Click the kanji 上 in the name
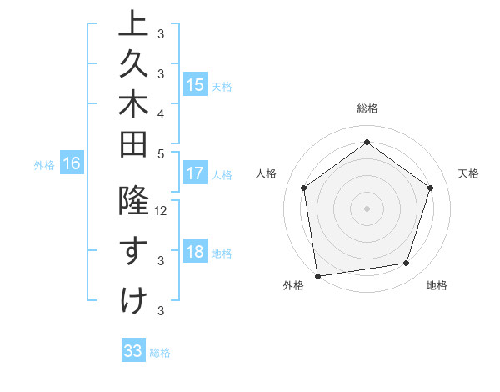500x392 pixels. [134, 23]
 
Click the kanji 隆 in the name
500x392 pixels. [134, 203]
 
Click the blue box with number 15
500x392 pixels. [195, 85]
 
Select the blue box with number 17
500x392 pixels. [195, 174]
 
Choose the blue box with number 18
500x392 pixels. [195, 253]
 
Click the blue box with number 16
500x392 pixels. [72, 164]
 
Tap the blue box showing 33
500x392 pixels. [133, 351]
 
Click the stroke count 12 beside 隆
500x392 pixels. [162, 211]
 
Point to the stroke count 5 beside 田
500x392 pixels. [161, 153]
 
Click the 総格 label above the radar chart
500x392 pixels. [367, 108]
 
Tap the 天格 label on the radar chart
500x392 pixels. [469, 173]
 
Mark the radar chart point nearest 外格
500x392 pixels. [317, 274]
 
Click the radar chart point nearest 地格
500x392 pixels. [407, 263]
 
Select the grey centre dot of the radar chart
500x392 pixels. [367, 208]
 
